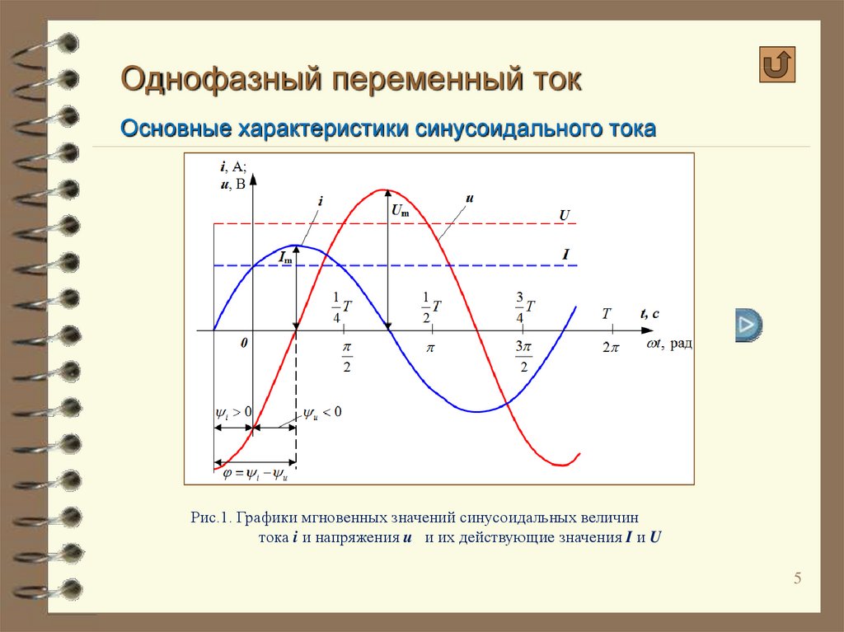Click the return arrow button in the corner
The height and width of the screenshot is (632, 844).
776,64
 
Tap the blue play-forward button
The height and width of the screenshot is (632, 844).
748,325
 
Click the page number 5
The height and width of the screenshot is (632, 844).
797,578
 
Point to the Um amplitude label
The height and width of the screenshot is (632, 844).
400,210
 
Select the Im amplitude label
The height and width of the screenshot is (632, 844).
285,258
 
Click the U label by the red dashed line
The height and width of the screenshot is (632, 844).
564,215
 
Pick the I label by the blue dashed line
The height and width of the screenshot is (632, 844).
565,254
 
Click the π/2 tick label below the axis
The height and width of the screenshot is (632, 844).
347,357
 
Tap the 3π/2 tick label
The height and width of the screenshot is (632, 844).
523,357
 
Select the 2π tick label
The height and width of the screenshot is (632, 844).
611,348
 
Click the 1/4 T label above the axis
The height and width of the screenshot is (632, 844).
341,307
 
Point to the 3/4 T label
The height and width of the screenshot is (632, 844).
525,307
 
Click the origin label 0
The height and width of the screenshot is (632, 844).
244,343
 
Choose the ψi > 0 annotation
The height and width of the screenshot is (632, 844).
233,413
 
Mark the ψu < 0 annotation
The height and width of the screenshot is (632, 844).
322,413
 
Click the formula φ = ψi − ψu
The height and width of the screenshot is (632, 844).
256,475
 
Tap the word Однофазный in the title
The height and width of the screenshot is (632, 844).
221,79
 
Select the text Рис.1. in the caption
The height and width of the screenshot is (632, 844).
211,517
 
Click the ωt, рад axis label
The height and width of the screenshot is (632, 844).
669,344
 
